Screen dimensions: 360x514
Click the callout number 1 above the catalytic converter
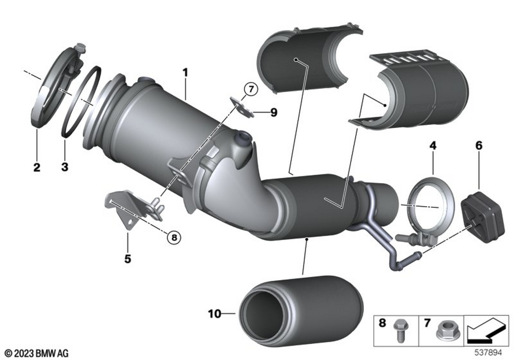185,73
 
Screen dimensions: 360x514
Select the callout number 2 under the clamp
36,167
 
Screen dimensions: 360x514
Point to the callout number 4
433,146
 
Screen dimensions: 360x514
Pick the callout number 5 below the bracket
127,258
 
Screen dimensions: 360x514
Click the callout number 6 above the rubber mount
479,146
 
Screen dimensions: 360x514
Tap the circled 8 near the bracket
174,237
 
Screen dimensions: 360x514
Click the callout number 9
273,112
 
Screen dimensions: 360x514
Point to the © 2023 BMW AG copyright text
34,352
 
